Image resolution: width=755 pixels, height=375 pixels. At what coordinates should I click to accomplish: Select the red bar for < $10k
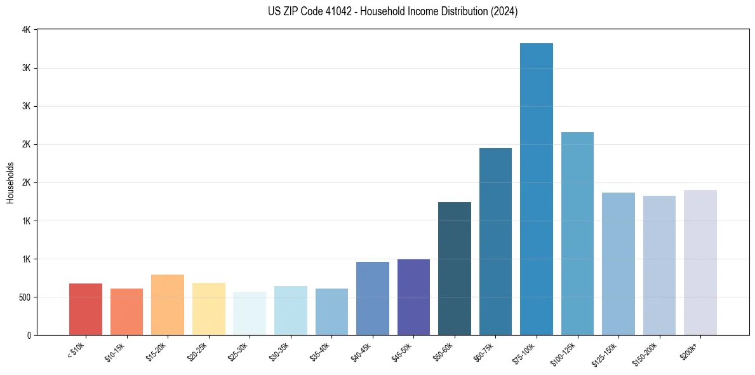coord(86,309)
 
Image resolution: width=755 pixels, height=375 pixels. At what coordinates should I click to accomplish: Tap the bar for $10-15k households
coord(126,311)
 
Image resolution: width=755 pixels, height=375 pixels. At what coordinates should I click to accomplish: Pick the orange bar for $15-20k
coord(168,304)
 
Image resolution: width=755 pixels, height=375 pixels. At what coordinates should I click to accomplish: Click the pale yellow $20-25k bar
coord(208,309)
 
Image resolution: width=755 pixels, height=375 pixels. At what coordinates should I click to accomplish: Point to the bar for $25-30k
coord(250,313)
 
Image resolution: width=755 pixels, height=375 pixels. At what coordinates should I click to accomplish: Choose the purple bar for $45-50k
coord(413,297)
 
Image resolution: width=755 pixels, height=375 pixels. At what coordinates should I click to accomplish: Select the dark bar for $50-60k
coord(455,268)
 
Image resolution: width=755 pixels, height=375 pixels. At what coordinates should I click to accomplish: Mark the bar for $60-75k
coord(495,242)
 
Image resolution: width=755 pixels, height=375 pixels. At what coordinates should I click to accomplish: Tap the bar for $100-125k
coord(577,233)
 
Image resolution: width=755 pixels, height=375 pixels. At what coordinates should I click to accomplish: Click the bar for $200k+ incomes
coord(700,262)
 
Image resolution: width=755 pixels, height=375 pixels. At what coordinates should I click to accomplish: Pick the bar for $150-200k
coord(659,265)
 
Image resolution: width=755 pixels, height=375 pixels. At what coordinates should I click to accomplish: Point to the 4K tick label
coord(26,30)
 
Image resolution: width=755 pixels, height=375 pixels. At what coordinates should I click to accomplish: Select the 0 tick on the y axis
coord(29,336)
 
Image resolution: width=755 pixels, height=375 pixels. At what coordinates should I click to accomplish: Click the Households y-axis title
coord(11,182)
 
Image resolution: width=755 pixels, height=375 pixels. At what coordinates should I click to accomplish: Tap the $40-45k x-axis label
coord(361,351)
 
